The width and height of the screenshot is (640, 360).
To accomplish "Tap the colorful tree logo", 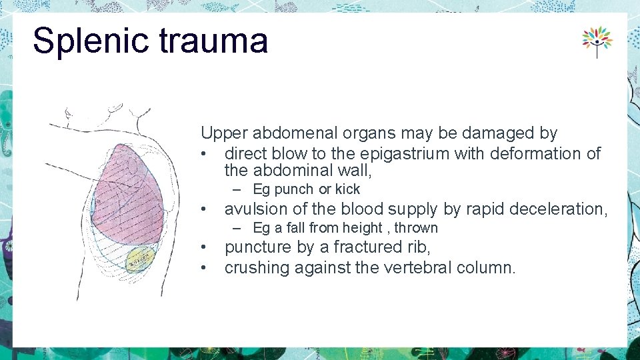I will (597, 41).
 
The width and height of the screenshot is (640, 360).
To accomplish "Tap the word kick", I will (347, 189).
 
